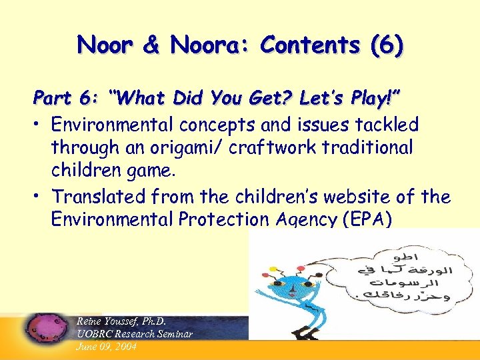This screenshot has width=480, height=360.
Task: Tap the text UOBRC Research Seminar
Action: [135, 333]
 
